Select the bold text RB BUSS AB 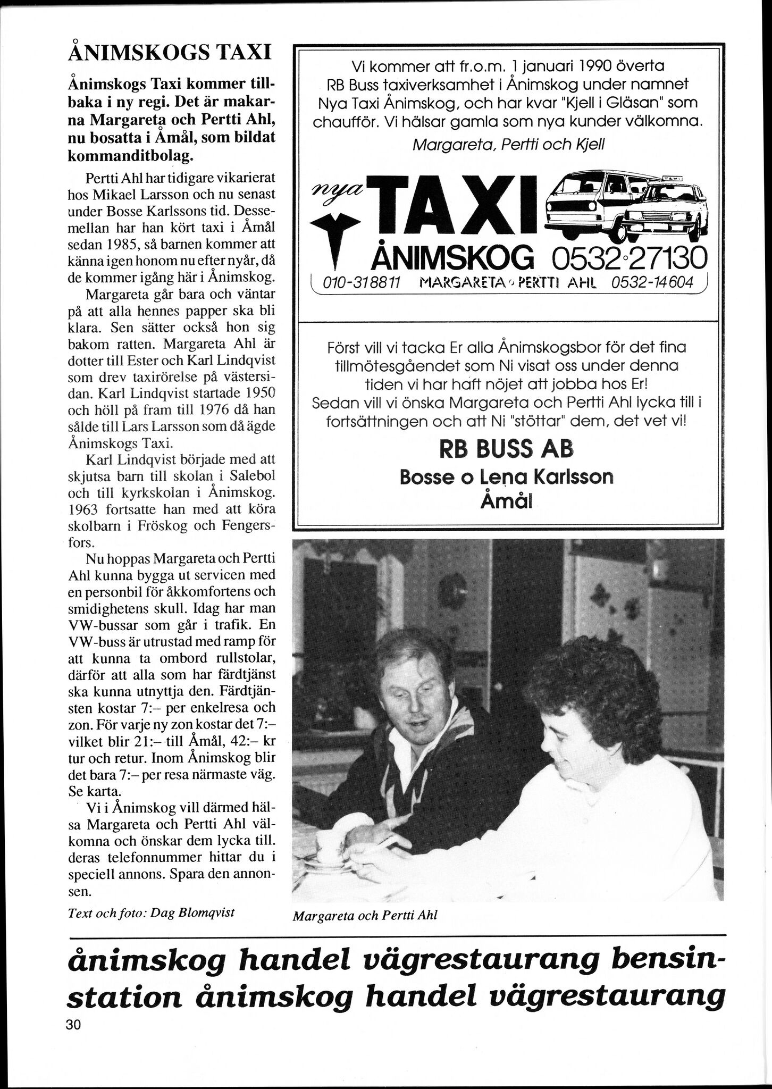pyautogui.click(x=506, y=449)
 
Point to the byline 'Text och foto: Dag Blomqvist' pyautogui.click(x=151, y=912)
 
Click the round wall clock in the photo pyautogui.click(x=452, y=590)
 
